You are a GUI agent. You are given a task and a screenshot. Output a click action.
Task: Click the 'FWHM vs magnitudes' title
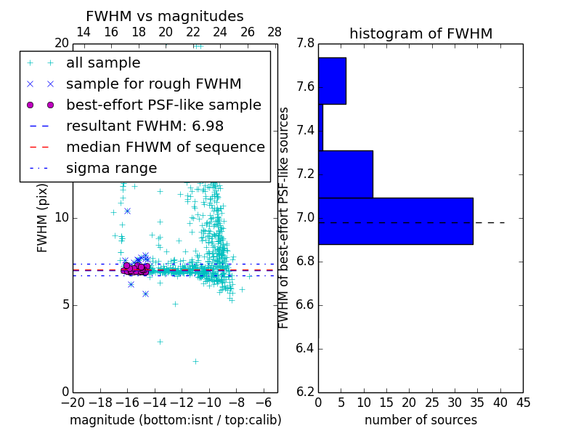(165, 17)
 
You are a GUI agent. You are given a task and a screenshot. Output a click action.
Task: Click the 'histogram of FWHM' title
(420, 34)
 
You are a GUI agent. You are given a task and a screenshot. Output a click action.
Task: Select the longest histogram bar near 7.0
(395, 221)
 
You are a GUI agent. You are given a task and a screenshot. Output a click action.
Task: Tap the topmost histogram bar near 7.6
(332, 81)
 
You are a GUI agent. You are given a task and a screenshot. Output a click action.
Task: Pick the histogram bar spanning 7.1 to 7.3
(345, 174)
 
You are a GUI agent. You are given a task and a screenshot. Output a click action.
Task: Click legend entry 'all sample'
(103, 62)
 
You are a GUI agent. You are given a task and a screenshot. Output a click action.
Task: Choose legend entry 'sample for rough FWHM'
(153, 84)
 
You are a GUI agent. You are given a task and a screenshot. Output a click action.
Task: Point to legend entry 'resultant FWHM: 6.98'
(145, 126)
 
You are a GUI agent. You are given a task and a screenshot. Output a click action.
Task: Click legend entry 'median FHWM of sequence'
(165, 147)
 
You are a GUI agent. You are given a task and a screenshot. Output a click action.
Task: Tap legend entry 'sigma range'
(111, 168)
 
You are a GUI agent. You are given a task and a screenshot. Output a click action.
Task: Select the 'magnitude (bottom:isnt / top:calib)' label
(175, 420)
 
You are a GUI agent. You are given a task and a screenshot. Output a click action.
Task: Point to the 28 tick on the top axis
(275, 32)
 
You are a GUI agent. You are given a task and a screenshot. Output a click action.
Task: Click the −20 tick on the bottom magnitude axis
(73, 403)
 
